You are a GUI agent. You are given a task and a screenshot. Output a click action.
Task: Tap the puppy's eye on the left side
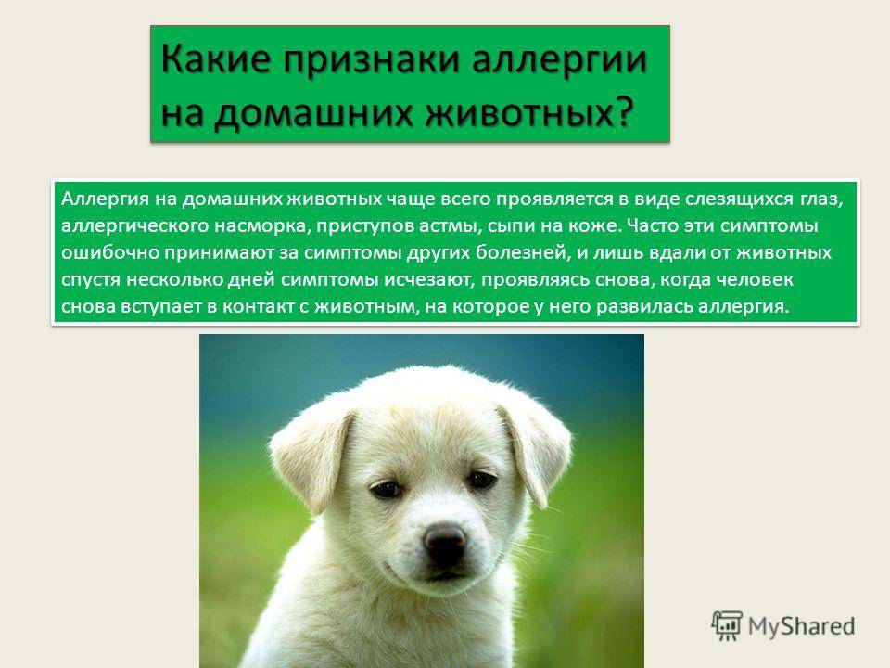(x=386, y=489)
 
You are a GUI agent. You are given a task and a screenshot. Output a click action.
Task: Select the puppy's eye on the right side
(x=482, y=481)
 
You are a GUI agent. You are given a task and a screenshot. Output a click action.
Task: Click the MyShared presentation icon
(x=727, y=625)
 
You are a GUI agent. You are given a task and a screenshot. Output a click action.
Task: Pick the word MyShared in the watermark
(x=801, y=626)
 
